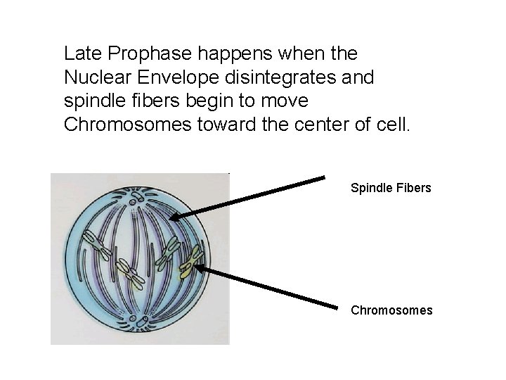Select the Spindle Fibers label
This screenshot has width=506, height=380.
click(391, 189)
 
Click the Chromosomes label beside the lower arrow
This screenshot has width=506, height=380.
click(391, 310)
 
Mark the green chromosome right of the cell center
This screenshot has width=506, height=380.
click(169, 253)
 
